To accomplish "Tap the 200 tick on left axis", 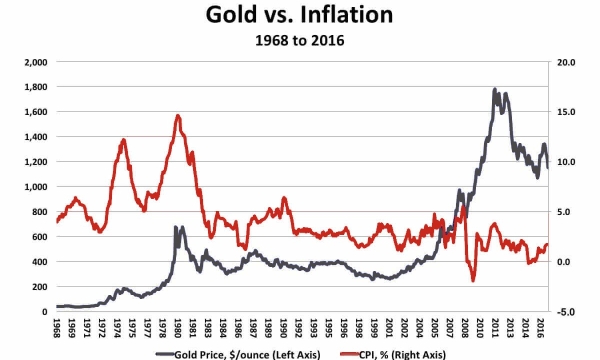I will click(40, 287).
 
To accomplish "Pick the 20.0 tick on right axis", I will click(565, 62).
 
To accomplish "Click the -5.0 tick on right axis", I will click(565, 312).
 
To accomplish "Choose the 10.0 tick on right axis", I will click(565, 162).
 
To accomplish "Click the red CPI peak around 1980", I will click(178, 115).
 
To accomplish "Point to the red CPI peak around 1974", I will click(123, 140).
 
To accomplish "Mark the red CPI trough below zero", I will click(472, 280).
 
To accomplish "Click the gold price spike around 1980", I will click(177, 228).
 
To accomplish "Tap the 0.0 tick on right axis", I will click(565, 262).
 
